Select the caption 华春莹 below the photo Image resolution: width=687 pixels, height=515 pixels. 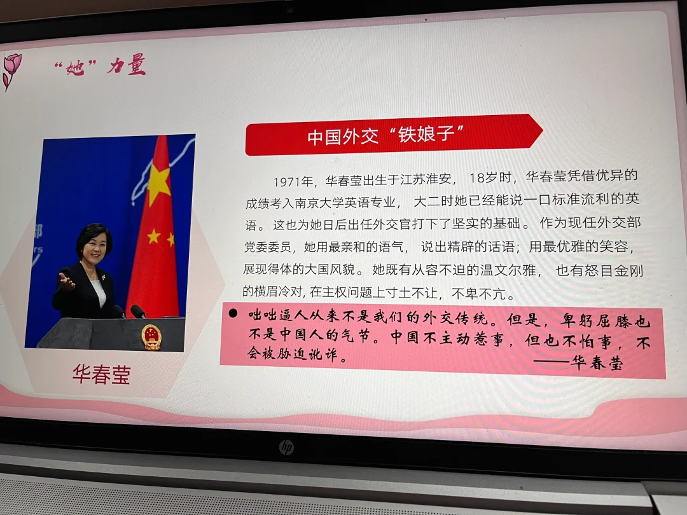coord(102,375)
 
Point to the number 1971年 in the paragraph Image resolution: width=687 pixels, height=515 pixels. coord(293,181)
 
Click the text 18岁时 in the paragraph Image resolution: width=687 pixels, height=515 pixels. coord(490,178)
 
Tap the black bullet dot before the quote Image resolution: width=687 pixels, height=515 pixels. coord(233,313)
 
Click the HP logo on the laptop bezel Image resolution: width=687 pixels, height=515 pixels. coord(286,447)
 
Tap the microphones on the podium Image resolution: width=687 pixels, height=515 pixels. coord(130,311)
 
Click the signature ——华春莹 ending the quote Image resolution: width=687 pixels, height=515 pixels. coord(578,362)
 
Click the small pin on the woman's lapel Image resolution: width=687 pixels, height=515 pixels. coord(104,278)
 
